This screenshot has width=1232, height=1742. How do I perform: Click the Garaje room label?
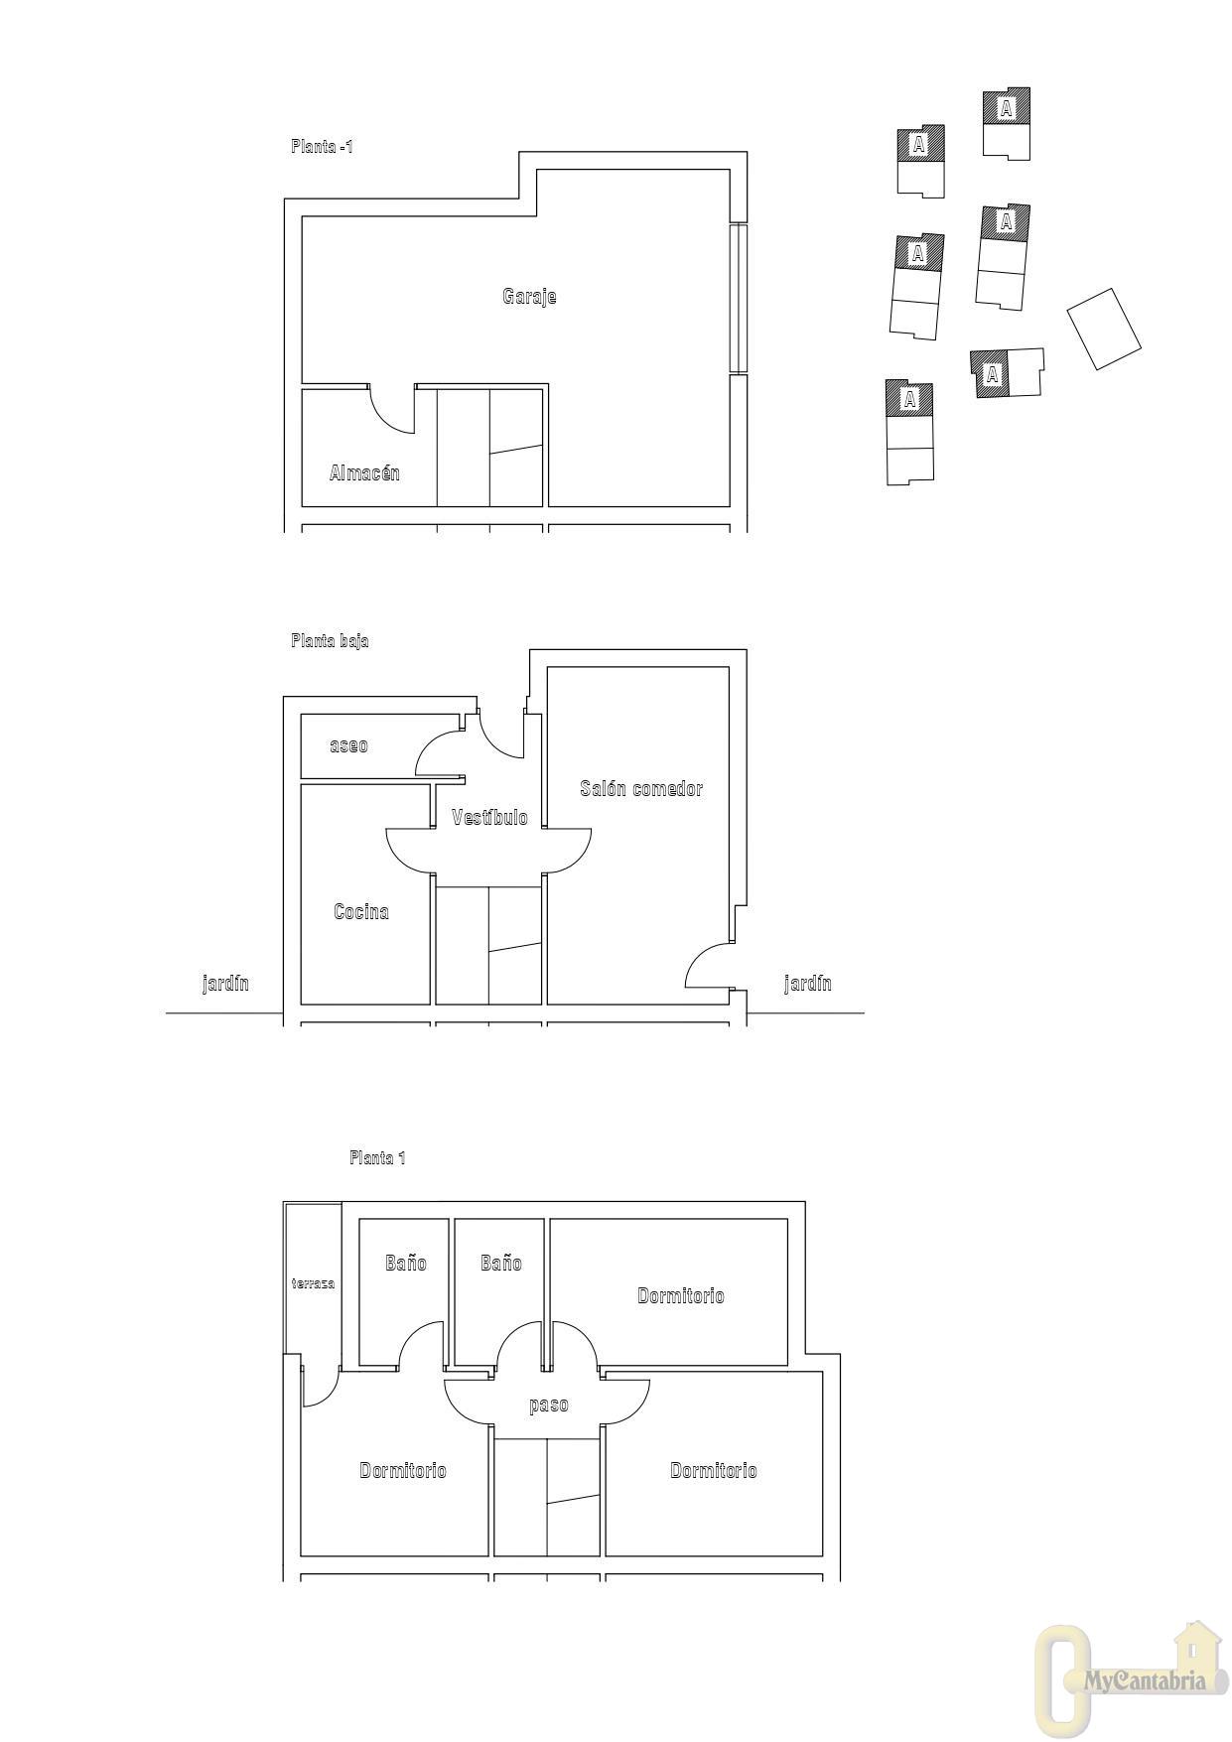529,297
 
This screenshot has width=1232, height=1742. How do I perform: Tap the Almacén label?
364,473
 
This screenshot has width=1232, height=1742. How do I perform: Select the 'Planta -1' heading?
322,147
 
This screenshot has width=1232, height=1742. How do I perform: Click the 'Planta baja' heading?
330,641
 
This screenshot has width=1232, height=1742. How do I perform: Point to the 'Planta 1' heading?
377,1157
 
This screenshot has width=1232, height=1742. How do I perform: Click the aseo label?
348,745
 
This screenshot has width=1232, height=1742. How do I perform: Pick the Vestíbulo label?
489,818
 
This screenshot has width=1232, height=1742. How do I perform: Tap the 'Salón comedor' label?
641,789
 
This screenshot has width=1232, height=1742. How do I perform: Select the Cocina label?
361,911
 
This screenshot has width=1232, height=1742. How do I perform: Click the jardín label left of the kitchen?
225,984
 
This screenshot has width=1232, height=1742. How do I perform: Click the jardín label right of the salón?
808,984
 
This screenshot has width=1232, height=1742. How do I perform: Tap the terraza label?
313,1283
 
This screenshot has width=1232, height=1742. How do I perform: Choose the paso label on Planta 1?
549,1406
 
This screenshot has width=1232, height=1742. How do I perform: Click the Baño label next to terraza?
406,1263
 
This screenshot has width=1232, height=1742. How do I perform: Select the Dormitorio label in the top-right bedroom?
681,1296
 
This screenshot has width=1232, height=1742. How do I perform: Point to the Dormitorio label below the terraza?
403,1471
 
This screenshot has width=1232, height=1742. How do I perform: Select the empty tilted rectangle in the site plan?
1104,330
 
